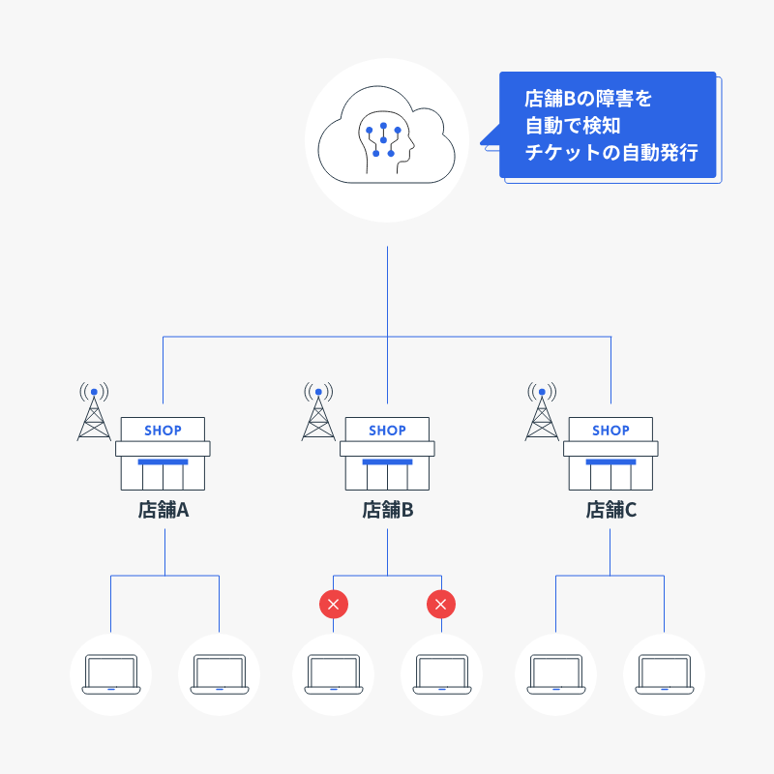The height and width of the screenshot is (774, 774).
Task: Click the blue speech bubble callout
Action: [x=608, y=126]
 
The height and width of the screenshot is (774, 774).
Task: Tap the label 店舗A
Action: [x=163, y=510]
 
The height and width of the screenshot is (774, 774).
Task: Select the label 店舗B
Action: [x=387, y=510]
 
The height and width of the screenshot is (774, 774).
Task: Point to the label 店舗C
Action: [x=611, y=510]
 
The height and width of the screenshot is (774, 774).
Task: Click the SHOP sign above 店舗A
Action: [x=163, y=430]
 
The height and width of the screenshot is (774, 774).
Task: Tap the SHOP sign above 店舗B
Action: [x=387, y=430]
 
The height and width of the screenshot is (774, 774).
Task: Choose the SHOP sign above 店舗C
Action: [x=611, y=430]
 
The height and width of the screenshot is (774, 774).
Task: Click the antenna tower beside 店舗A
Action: [x=94, y=413]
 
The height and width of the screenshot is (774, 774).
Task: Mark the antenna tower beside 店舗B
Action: [x=318, y=413]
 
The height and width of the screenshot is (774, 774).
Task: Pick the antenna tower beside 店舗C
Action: [x=543, y=413]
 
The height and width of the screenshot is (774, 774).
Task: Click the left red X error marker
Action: [x=334, y=605]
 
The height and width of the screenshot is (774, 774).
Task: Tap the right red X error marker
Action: [x=441, y=605]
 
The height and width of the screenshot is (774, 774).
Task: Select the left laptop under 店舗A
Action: [x=110, y=673]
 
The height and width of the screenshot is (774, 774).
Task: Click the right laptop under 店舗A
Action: [x=220, y=673]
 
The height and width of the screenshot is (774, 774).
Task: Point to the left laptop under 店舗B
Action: [x=334, y=673]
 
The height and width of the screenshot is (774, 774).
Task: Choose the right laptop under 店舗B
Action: [x=441, y=673]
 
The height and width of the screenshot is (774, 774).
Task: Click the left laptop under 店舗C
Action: [x=555, y=673]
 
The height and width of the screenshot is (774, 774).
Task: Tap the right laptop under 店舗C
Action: [x=665, y=673]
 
